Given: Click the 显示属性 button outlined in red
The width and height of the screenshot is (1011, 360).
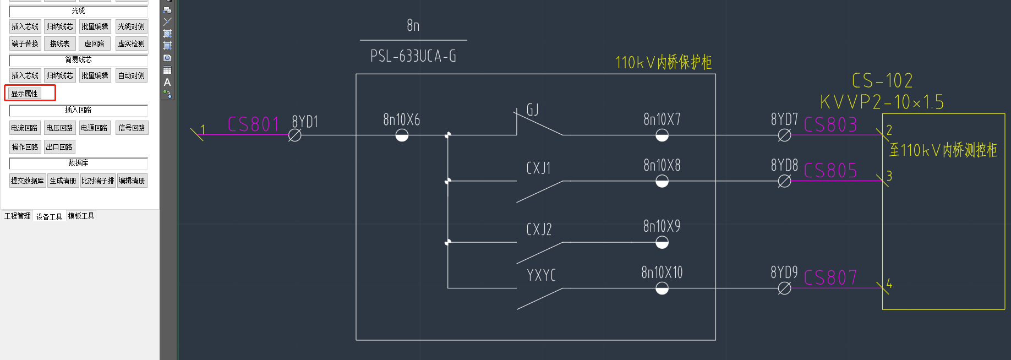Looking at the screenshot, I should pyautogui.click(x=25, y=94).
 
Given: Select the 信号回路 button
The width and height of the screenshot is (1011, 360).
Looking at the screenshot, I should pyautogui.click(x=132, y=128).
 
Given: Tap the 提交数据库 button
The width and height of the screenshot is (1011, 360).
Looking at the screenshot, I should pyautogui.click(x=27, y=181).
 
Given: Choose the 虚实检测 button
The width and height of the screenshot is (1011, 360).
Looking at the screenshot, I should pyautogui.click(x=132, y=43).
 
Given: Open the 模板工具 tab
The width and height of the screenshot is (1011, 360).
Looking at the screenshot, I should pyautogui.click(x=81, y=216).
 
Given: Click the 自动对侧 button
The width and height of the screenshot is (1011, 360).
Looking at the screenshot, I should pyautogui.click(x=132, y=75).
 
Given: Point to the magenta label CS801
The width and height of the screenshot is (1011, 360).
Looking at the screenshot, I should pyautogui.click(x=254, y=124).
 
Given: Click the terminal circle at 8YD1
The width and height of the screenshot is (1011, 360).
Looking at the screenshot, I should pyautogui.click(x=295, y=135).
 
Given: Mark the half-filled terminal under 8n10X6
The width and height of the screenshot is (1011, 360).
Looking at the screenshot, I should pyautogui.click(x=402, y=135).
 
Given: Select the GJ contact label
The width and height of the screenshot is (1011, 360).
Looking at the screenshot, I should pyautogui.click(x=532, y=110).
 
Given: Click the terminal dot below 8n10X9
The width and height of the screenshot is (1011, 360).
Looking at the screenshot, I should pyautogui.click(x=662, y=242).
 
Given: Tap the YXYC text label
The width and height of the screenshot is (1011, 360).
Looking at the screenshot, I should pyautogui.click(x=541, y=275).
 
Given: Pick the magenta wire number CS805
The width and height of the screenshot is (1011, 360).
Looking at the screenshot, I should pyautogui.click(x=830, y=171).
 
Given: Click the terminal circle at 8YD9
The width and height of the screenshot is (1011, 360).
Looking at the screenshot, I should pyautogui.click(x=784, y=288).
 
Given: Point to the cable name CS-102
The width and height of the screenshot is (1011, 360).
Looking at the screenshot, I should pyautogui.click(x=882, y=81).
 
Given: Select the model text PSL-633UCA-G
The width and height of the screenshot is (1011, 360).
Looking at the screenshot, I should pyautogui.click(x=413, y=56).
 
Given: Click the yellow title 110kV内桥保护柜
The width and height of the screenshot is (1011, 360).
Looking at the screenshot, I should pyautogui.click(x=663, y=62).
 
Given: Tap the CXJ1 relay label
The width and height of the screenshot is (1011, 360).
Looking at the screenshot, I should pyautogui.click(x=538, y=168).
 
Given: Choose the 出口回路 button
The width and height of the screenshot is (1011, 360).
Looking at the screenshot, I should pyautogui.click(x=59, y=147).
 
